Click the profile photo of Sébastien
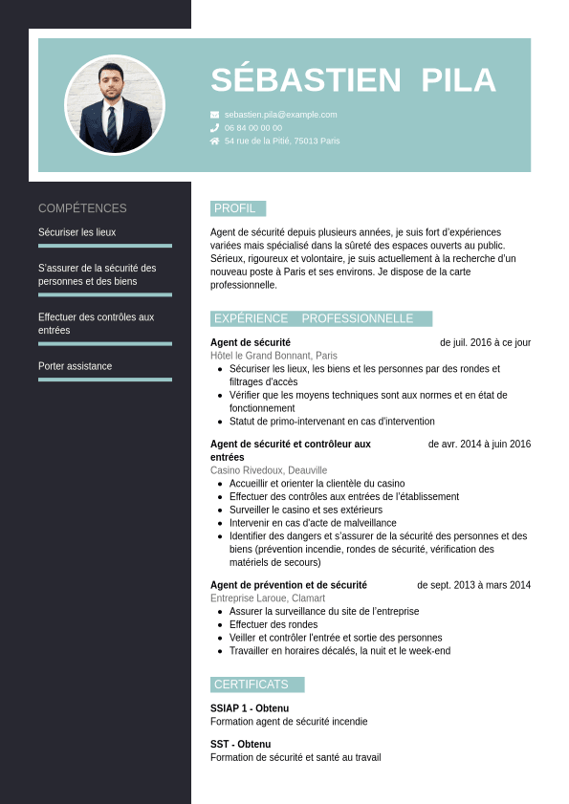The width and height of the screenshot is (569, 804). coord(115,105)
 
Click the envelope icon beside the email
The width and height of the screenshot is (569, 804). coord(214,115)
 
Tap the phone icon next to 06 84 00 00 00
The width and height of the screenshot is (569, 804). coord(214,127)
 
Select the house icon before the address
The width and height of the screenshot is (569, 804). coord(214,141)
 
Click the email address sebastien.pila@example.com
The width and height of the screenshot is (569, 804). coord(281,115)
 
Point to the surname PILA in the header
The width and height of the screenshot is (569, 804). coord(458,80)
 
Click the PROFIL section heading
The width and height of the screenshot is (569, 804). coord(235,208)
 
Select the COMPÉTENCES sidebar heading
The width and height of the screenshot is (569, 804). coord(82,208)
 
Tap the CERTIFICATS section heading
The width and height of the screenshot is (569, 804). coord(252,684)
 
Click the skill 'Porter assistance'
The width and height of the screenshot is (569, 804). coord(76,366)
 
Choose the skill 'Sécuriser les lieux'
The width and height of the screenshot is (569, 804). coord(77,232)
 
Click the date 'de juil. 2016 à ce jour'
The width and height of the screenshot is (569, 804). coord(485,342)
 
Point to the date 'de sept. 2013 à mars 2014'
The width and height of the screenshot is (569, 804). coord(473,585)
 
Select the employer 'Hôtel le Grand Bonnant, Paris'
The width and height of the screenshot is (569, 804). coord(274,356)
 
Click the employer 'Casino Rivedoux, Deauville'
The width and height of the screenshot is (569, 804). coord(269,470)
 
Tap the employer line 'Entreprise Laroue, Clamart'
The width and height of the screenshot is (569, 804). coord(270,598)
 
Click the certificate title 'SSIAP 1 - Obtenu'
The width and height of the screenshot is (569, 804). coord(250,708)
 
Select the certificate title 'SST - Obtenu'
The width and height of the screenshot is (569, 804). coord(240,744)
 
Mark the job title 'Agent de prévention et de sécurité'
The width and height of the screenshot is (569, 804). coord(288,585)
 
